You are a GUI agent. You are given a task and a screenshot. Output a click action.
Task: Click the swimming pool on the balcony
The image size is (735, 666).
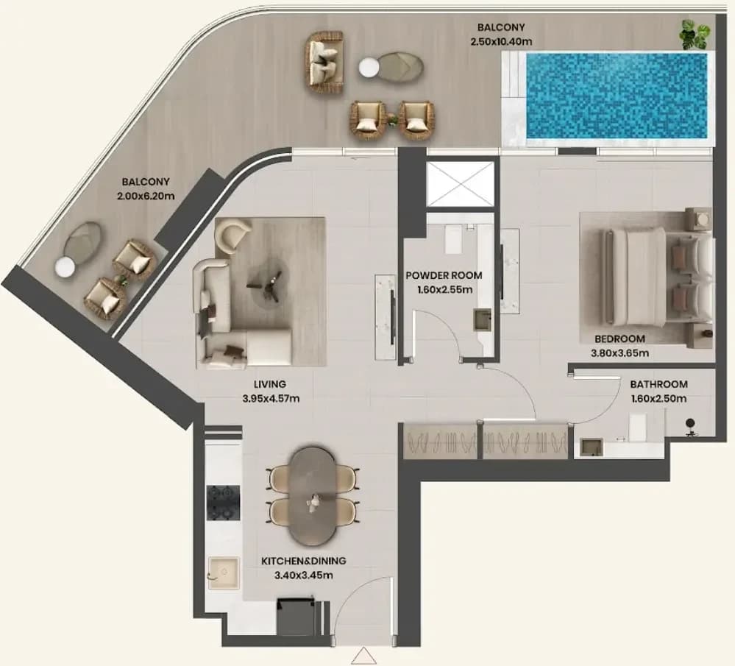point(616,96)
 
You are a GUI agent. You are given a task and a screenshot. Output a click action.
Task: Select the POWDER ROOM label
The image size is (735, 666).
point(444,275)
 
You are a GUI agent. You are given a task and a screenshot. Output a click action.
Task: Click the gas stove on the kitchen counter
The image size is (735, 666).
point(224,503)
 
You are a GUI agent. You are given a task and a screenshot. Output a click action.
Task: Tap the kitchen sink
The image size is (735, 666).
point(224,573)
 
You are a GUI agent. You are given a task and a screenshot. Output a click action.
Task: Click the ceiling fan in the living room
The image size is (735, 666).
point(266,286)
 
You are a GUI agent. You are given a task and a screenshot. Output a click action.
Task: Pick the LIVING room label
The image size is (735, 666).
point(270,384)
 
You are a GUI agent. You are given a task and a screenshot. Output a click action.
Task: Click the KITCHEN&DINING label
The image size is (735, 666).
point(304,561)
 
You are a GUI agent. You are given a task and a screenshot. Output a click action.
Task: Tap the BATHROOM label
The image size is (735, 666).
point(658,384)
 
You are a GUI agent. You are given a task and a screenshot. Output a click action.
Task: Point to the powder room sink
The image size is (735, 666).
point(483,319)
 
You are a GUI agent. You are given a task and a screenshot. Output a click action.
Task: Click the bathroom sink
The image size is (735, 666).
point(592,447)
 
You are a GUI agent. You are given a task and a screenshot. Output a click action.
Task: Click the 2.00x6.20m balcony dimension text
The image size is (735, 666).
point(146,196)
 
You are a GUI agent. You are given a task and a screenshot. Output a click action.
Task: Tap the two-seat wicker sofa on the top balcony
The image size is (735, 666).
point(325,62)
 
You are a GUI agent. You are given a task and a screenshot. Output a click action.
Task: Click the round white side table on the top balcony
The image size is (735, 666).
point(369,68)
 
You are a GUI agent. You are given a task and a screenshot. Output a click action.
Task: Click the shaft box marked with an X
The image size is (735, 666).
point(461,183)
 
